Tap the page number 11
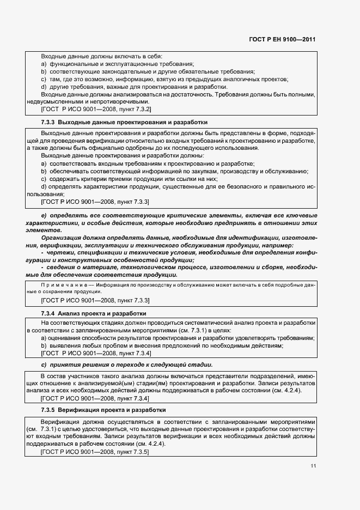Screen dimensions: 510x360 point(313,466)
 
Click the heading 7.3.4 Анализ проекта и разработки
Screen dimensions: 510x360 point(93,314)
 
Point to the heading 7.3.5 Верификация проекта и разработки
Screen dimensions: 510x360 point(103,409)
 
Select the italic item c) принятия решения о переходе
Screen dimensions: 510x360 point(127,365)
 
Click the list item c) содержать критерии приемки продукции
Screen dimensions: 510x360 point(129,179)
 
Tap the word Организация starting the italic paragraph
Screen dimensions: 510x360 point(63,238)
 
